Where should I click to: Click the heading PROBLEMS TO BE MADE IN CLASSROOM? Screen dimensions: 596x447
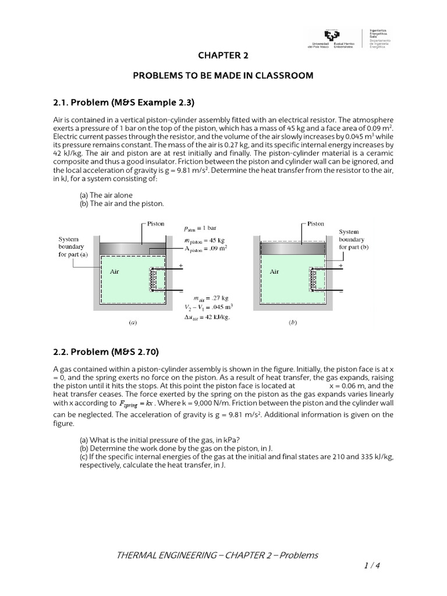[223, 76]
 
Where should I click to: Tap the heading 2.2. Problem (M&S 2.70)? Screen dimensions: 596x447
[105, 352]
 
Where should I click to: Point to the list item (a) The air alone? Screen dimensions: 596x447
[105, 196]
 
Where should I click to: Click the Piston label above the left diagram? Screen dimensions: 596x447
[155, 223]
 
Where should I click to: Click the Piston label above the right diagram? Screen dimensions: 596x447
[315, 223]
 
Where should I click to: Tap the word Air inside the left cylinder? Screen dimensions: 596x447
[114, 272]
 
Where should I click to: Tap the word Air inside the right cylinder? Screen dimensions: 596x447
[274, 272]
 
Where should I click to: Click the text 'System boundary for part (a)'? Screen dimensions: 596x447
[73, 247]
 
